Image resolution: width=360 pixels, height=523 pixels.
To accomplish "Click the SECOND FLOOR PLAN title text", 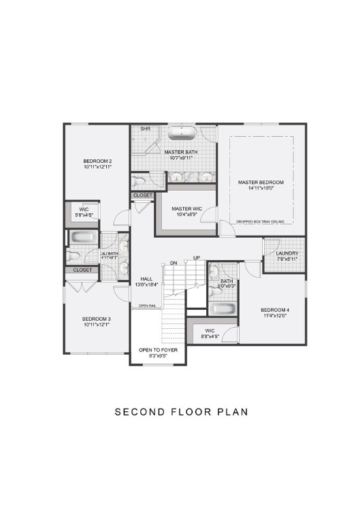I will point(180,411).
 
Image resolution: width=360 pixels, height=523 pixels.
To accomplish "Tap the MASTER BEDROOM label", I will point(261,183).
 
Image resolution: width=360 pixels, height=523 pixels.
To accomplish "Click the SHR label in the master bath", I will point(145,129).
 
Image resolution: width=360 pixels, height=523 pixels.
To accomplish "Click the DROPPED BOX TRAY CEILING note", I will point(261,221).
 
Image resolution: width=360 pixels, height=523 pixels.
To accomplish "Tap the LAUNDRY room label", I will point(283,253).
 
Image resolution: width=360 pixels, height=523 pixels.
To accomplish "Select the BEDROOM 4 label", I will point(274,310).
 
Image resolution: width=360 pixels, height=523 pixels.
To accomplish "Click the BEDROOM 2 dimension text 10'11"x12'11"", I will point(97,165).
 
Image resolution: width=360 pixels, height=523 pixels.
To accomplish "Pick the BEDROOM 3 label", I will point(97,319).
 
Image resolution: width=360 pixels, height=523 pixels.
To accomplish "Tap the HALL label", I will point(146,279).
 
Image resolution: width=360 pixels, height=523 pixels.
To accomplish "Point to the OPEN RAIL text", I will point(148,306).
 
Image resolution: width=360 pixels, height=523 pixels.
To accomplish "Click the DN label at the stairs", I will point(174,262).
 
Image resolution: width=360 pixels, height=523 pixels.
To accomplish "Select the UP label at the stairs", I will point(197,258).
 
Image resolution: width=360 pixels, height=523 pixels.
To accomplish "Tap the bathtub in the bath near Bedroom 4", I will point(222,309).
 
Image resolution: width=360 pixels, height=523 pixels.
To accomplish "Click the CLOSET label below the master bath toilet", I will point(143,195).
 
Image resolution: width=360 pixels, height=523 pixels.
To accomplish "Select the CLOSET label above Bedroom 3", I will point(82,270).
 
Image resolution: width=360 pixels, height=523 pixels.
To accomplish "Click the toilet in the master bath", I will point(140,181).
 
